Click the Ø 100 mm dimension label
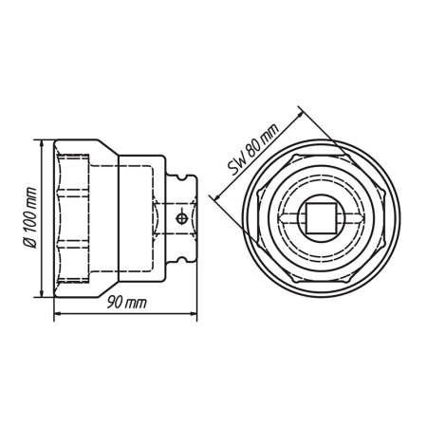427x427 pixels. coord(30,218)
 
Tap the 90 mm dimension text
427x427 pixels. coord(127,303)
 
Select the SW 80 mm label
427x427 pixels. coord(254,149)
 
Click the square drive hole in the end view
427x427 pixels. coord(321,218)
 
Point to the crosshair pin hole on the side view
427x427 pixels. coord(181,218)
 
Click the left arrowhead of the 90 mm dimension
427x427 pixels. coord(58,313)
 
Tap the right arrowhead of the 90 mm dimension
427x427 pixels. coord(193,313)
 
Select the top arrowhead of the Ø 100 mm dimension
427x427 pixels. coord(41,143)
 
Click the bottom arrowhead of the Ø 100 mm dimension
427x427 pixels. coord(41,293)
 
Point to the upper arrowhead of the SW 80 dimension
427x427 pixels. coord(299,116)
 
